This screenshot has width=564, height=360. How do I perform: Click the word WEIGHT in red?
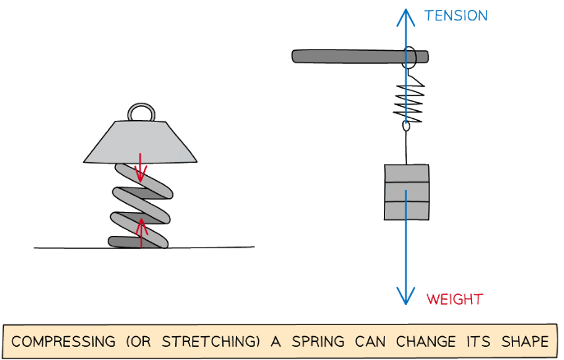[455, 298]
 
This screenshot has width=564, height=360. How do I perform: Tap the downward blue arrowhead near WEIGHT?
[405, 296]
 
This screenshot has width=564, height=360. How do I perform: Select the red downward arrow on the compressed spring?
[141, 168]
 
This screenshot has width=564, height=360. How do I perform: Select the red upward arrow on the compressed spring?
[141, 230]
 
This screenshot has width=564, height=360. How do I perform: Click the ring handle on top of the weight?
[139, 112]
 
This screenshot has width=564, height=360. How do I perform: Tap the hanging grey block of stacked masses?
[406, 192]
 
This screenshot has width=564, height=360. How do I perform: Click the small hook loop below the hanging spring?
[405, 127]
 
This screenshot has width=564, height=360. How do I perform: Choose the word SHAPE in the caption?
[522, 341]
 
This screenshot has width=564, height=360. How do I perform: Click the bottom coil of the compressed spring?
[139, 242]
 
